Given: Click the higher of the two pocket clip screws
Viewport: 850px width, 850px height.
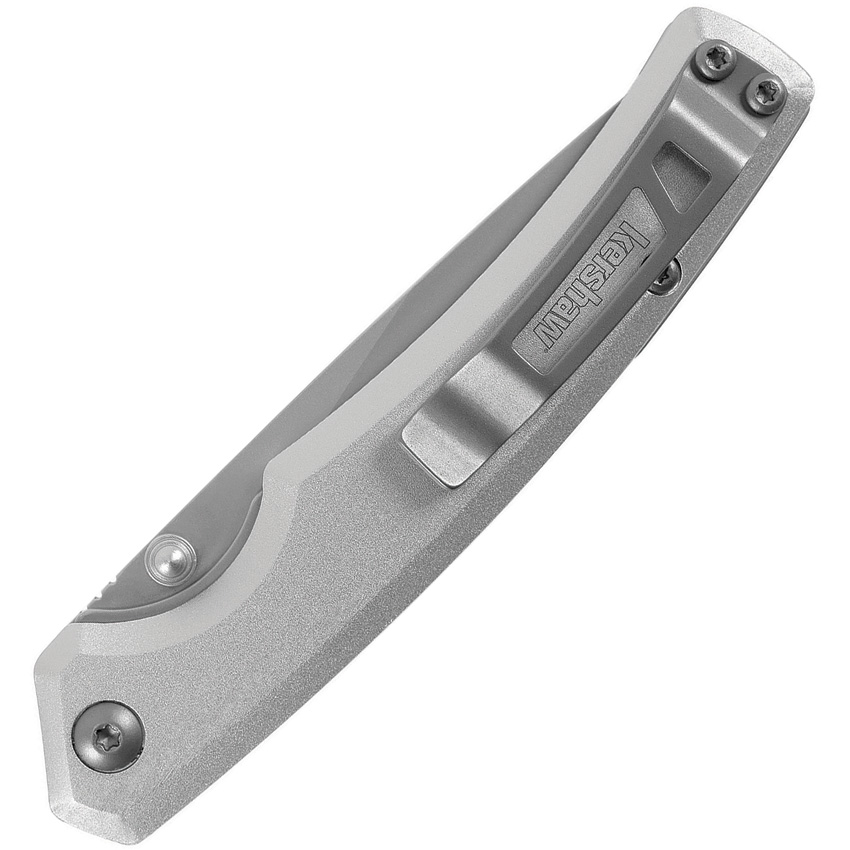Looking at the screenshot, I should (718, 61).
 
